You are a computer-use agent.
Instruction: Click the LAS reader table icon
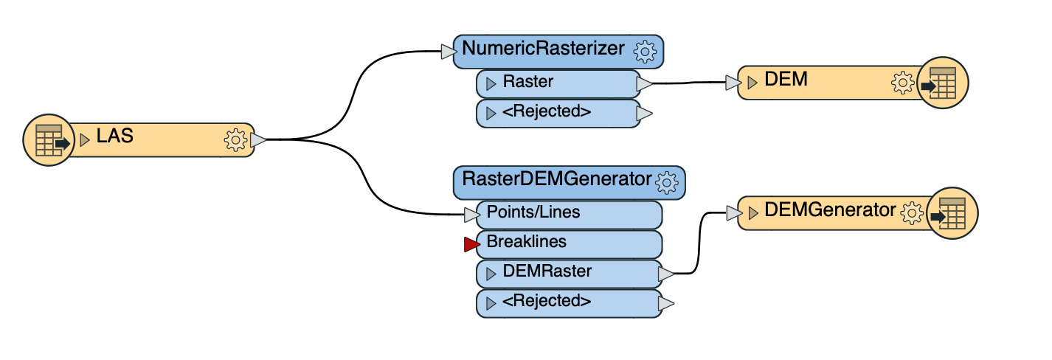(x=48, y=139)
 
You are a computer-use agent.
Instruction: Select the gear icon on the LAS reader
(x=235, y=139)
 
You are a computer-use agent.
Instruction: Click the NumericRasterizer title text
(x=543, y=49)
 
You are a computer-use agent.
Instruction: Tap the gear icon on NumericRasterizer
(x=646, y=51)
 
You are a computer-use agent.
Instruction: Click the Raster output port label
(x=527, y=82)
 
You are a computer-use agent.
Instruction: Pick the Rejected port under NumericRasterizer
(x=546, y=112)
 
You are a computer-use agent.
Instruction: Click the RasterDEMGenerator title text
(x=556, y=179)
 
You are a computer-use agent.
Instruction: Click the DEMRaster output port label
(x=547, y=271)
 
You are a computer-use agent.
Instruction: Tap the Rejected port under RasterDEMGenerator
(x=546, y=301)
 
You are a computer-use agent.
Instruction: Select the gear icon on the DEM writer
(x=903, y=83)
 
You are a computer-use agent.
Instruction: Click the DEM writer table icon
(x=941, y=83)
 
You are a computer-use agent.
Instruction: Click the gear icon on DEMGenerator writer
(x=913, y=213)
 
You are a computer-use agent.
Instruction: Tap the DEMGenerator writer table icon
(x=952, y=213)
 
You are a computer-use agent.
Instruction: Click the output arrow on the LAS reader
(x=258, y=139)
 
